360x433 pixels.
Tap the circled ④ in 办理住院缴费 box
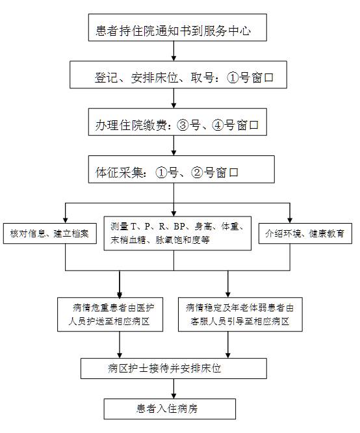217,125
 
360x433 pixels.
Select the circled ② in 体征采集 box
197,172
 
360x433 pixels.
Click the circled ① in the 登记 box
233,77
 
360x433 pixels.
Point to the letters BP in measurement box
179,226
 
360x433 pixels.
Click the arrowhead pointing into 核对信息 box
66,220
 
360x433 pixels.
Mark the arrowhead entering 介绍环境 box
290,220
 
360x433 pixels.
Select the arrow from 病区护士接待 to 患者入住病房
174,389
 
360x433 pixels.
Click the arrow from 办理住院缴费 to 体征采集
174,146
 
